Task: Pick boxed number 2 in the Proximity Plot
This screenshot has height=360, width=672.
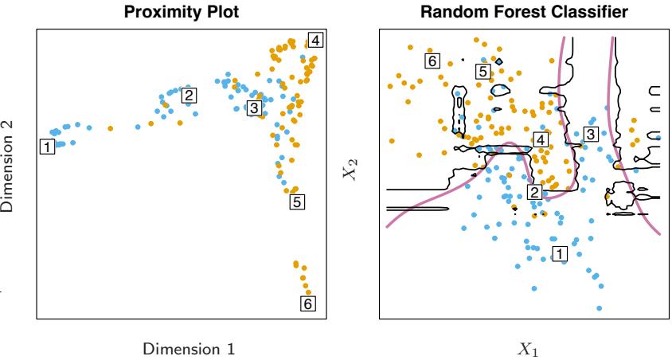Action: [189, 95]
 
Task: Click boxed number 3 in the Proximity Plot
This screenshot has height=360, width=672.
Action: [254, 108]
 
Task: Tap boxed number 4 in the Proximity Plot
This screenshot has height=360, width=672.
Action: [315, 40]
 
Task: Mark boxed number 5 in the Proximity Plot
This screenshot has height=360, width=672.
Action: [295, 202]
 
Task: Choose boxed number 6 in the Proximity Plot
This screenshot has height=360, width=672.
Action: [307, 303]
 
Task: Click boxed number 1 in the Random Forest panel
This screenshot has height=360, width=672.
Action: [559, 252]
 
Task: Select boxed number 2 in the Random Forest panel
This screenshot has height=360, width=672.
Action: [534, 191]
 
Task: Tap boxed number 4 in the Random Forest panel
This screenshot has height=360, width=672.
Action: [541, 140]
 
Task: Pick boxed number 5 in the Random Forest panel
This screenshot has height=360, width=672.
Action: [482, 72]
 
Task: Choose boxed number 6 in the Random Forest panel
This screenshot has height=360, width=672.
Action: [432, 61]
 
